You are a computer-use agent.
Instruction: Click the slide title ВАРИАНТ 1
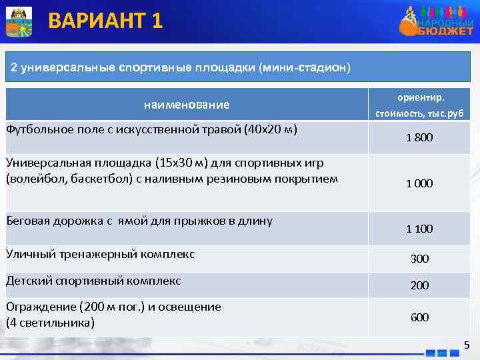pyautogui.click(x=105, y=21)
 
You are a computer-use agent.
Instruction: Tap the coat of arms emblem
pyautogui.click(x=17, y=21)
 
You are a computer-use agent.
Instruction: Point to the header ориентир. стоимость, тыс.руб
pyautogui.click(x=419, y=105)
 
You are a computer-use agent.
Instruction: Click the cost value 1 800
pyautogui.click(x=419, y=138)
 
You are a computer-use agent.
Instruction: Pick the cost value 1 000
pyautogui.click(x=419, y=183)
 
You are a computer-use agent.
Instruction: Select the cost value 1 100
pyautogui.click(x=419, y=229)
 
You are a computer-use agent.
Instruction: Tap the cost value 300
pyautogui.click(x=419, y=259)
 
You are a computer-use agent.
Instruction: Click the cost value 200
pyautogui.click(x=419, y=285)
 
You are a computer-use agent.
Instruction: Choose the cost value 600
pyautogui.click(x=419, y=317)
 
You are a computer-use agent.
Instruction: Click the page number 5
pyautogui.click(x=466, y=345)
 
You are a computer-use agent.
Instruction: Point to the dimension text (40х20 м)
pyautogui.click(x=271, y=129)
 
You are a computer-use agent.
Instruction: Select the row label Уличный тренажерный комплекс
pyautogui.click(x=100, y=254)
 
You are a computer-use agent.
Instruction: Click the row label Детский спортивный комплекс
pyautogui.click(x=93, y=281)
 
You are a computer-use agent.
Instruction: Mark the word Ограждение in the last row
pyautogui.click(x=40, y=307)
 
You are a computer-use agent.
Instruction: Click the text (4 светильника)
pyautogui.click(x=50, y=323)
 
